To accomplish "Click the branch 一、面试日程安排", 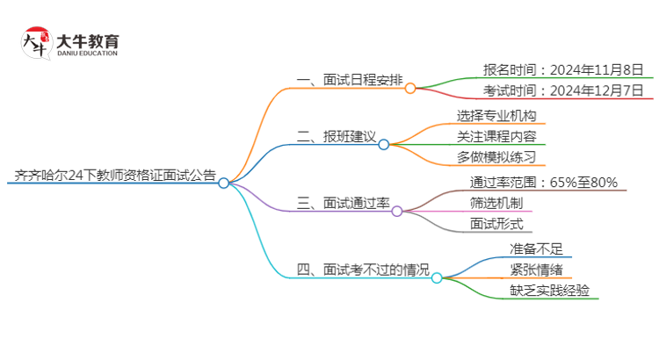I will pyautogui.click(x=350, y=81).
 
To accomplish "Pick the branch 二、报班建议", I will pyautogui.click(x=337, y=137).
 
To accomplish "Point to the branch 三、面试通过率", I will pyautogui.click(x=343, y=204).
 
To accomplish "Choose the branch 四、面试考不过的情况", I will pyautogui.click(x=363, y=270).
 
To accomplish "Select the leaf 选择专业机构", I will pyautogui.click(x=496, y=115).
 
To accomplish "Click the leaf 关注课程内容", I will pyautogui.click(x=496, y=136).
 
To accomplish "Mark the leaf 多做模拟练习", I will pyautogui.click(x=496, y=157).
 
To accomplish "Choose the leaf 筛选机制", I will pyautogui.click(x=496, y=203).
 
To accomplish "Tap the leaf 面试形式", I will pyautogui.click(x=496, y=224).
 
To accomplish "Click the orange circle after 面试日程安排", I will pyautogui.click(x=410, y=87).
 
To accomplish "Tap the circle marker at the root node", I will pyautogui.click(x=224, y=183).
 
